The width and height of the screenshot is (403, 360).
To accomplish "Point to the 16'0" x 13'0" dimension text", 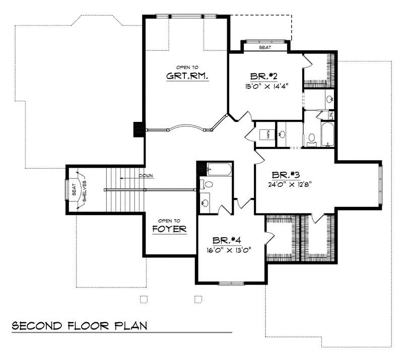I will tap(228, 249).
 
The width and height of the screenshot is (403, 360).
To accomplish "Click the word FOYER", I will tap(169, 230).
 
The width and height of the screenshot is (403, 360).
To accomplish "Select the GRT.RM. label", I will tap(187, 77).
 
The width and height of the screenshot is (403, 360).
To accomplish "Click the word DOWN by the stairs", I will tap(147, 176).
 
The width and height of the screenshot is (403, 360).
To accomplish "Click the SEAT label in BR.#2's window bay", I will tap(265, 47).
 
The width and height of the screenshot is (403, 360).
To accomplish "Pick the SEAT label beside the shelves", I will tap(74, 190).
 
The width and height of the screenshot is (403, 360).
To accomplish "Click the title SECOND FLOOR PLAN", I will tap(80, 325).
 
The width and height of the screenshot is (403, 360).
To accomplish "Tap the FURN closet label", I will tap(268, 134).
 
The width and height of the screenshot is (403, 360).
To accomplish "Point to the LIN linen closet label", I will tap(331, 116).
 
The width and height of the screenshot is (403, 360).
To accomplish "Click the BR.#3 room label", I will tap(286, 175).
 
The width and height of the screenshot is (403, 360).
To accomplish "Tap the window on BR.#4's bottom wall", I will tap(231, 283).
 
